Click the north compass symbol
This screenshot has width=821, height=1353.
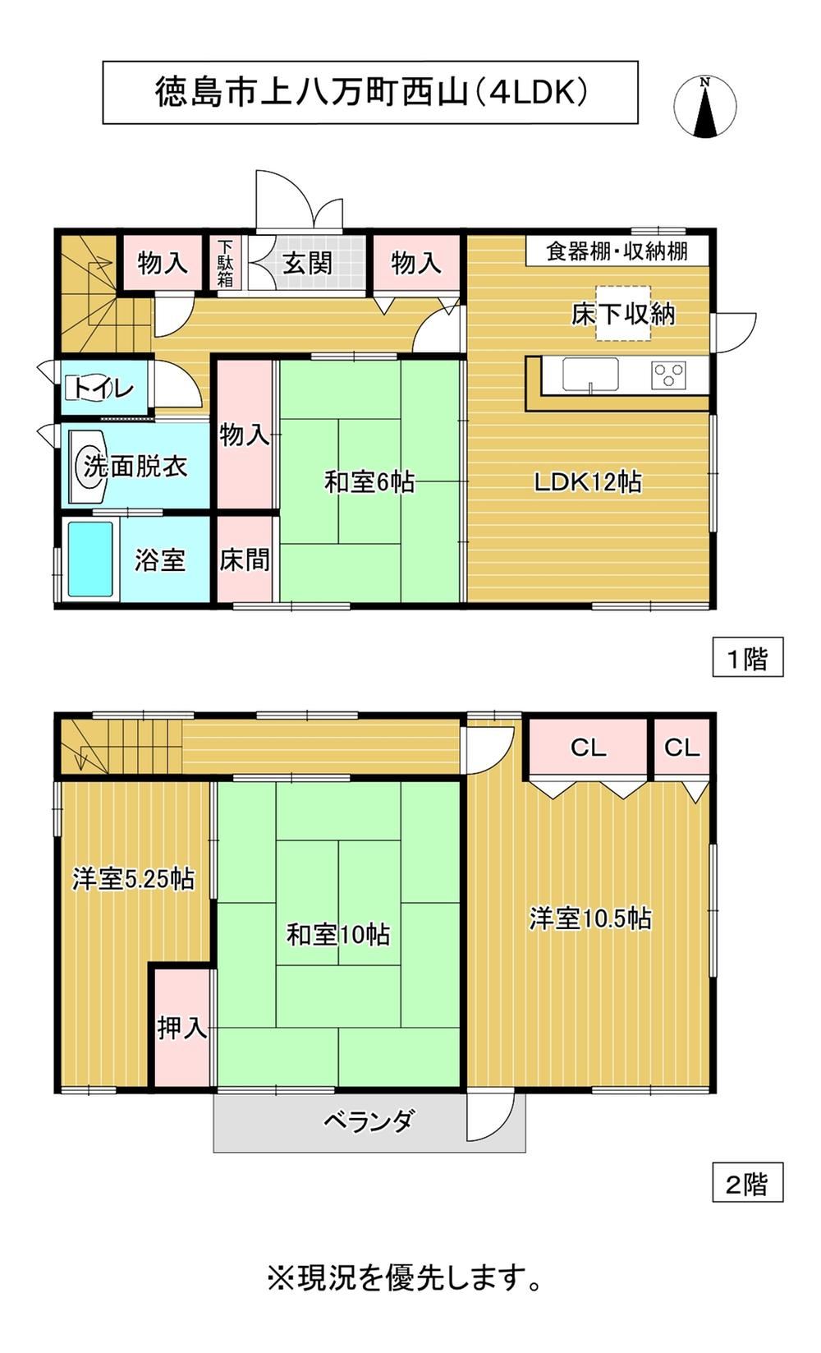click(x=704, y=106)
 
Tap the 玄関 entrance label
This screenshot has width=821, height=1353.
click(x=308, y=263)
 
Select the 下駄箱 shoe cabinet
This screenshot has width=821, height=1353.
click(x=225, y=264)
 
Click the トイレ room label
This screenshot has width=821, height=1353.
click(x=103, y=389)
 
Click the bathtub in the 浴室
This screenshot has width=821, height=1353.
click(x=90, y=559)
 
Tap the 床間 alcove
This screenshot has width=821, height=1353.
click(x=245, y=559)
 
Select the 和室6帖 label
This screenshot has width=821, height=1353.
click(x=369, y=482)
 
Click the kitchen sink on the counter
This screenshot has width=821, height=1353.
click(x=590, y=375)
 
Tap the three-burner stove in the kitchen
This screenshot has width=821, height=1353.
click(x=668, y=374)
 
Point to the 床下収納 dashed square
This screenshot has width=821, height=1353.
click(x=624, y=312)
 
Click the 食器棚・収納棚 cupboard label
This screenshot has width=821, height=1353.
click(x=617, y=251)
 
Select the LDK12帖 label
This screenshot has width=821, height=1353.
click(x=588, y=482)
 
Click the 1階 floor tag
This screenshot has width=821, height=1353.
click(x=747, y=657)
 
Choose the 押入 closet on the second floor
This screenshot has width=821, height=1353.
click(x=181, y=1028)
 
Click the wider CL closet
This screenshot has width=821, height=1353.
click(x=588, y=748)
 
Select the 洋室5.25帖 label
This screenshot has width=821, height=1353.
click(x=133, y=879)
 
